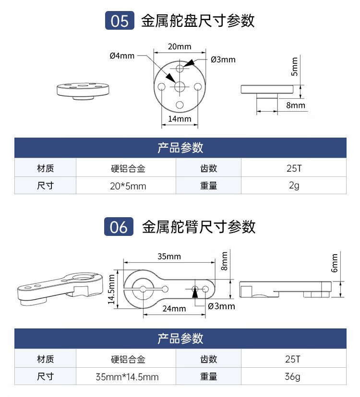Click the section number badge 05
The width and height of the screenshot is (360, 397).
coord(120,22)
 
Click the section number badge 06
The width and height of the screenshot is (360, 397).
coord(119,227)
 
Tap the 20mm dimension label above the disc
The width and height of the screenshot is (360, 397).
coord(180,47)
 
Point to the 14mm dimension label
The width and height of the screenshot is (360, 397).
coord(180,119)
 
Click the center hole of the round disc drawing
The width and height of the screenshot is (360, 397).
coord(180,86)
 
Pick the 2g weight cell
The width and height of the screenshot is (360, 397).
coord(294,186)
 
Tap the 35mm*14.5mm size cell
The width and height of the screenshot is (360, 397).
coord(127,377)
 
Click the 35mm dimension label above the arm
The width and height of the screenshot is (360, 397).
coord(169,257)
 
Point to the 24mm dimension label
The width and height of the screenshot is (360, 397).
coord(174,308)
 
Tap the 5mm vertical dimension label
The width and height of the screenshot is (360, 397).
coord(295,66)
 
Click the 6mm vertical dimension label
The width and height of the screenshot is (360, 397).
coord(335,262)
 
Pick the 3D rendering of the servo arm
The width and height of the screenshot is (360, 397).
coord(60,287)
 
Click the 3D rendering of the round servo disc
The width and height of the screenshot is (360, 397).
coord(84,89)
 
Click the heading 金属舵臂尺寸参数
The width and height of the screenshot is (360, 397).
coord(199,227)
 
